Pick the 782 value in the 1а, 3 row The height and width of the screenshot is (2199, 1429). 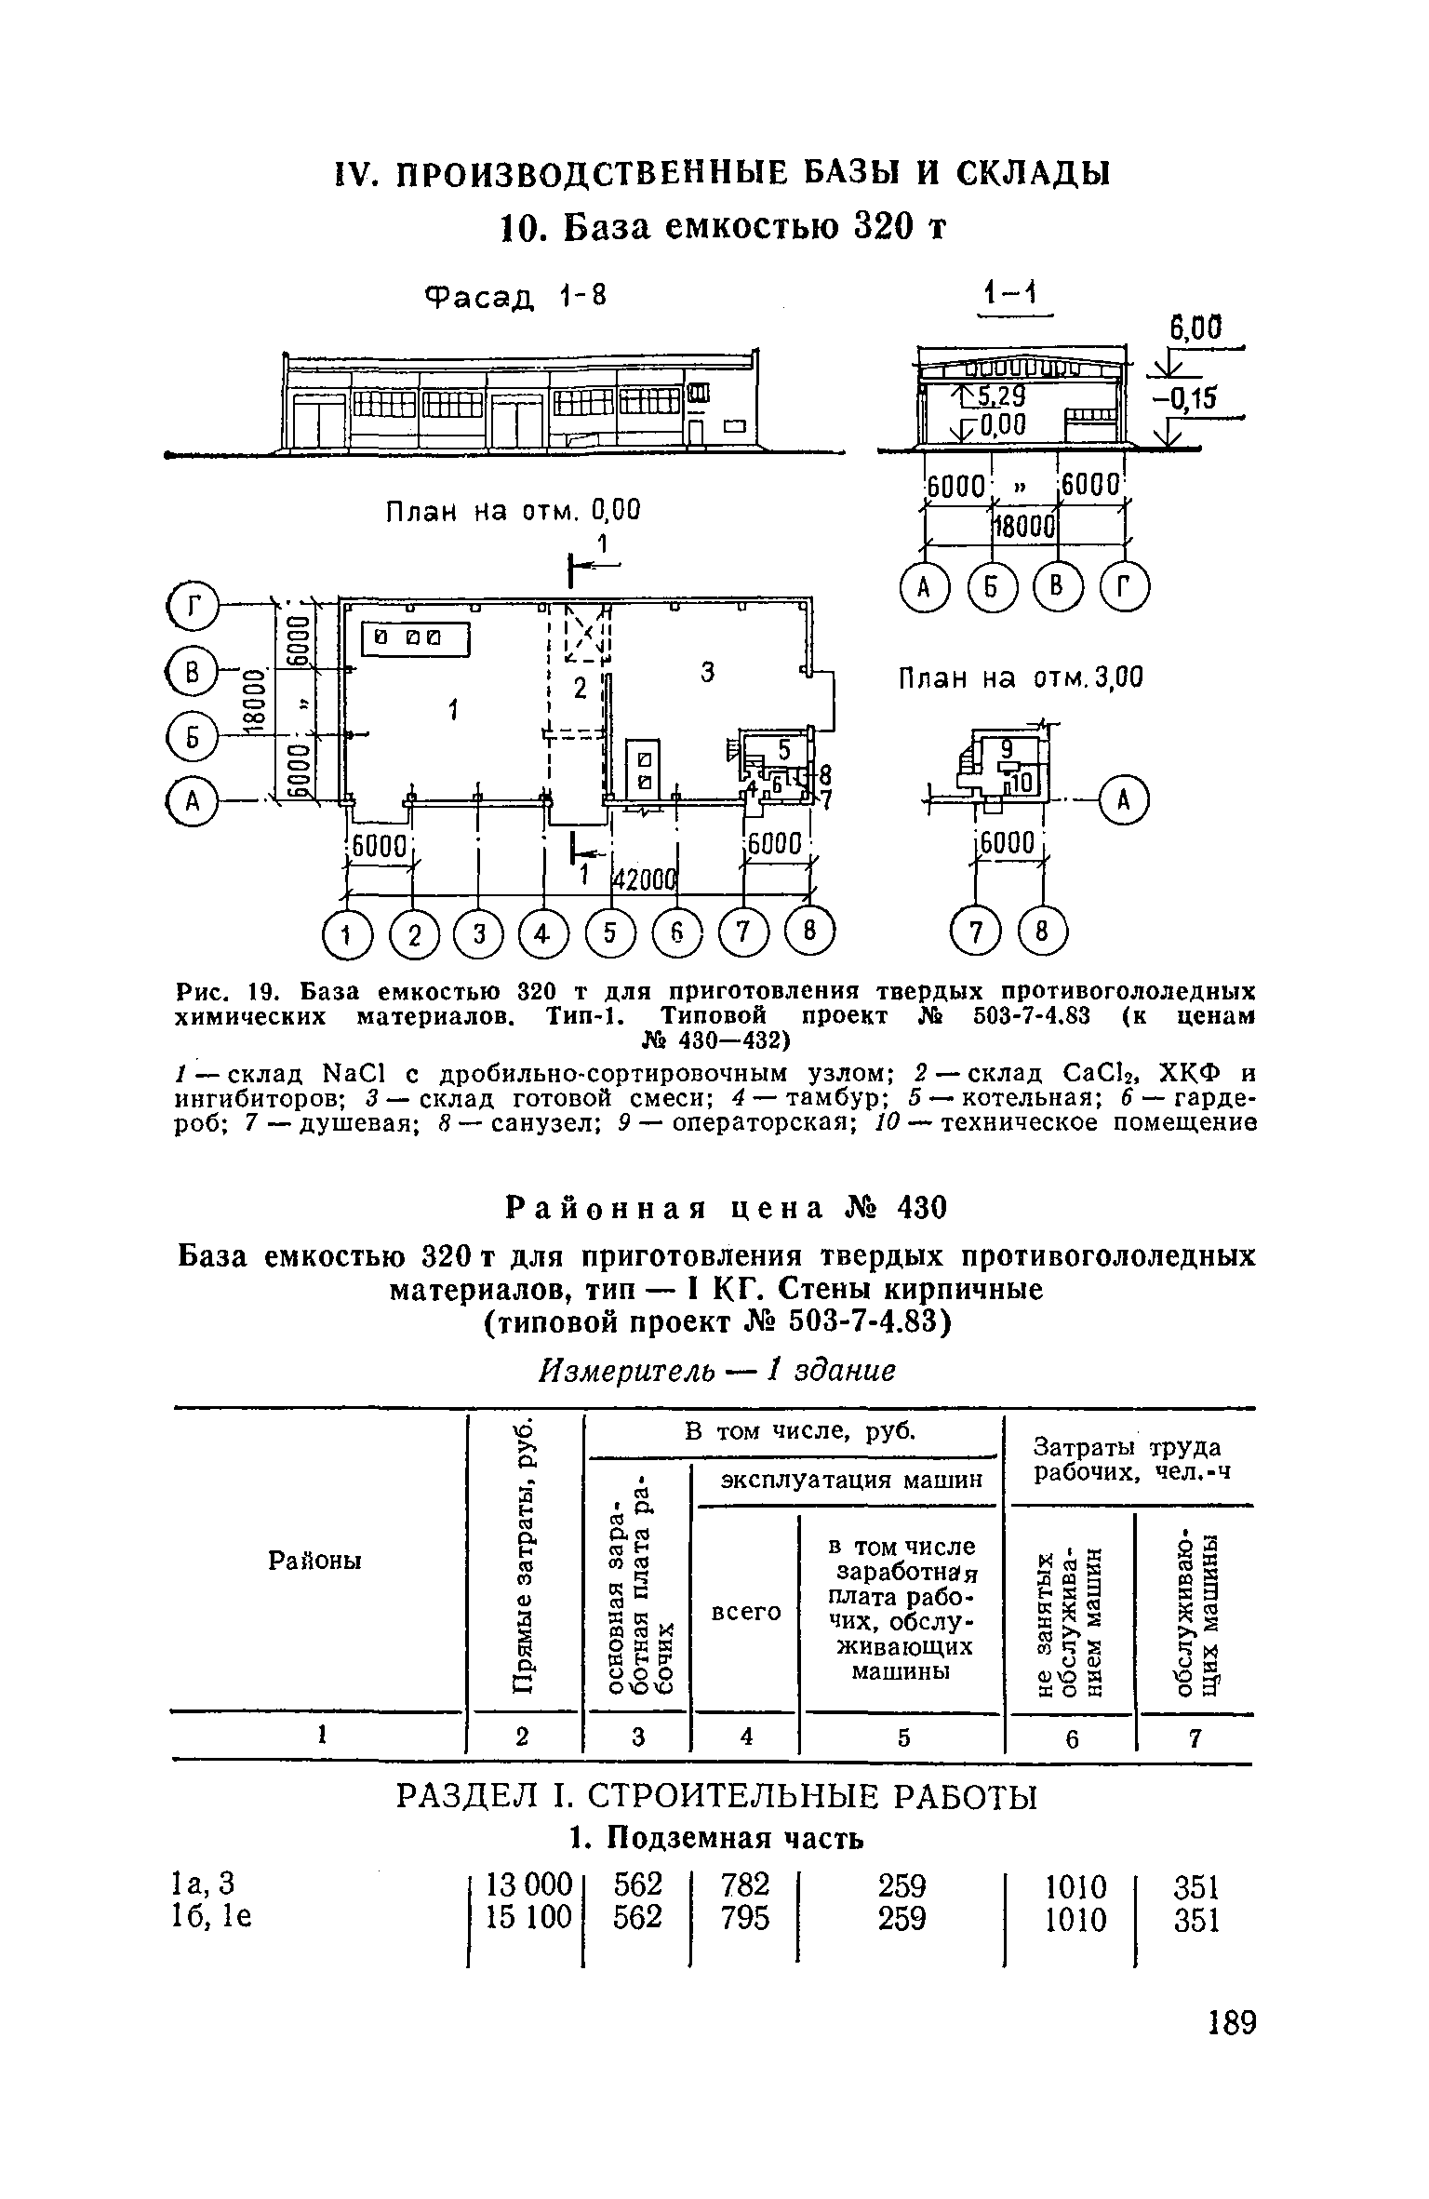745,1886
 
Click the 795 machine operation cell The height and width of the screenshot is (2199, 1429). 745,1919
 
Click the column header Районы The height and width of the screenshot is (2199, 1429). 315,1561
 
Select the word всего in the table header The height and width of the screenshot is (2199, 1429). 745,1611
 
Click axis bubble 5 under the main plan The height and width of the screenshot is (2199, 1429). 611,933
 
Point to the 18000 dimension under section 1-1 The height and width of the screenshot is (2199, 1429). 1024,529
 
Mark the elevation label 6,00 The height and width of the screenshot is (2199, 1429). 1194,330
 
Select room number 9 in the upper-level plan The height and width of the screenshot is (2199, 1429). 1006,748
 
